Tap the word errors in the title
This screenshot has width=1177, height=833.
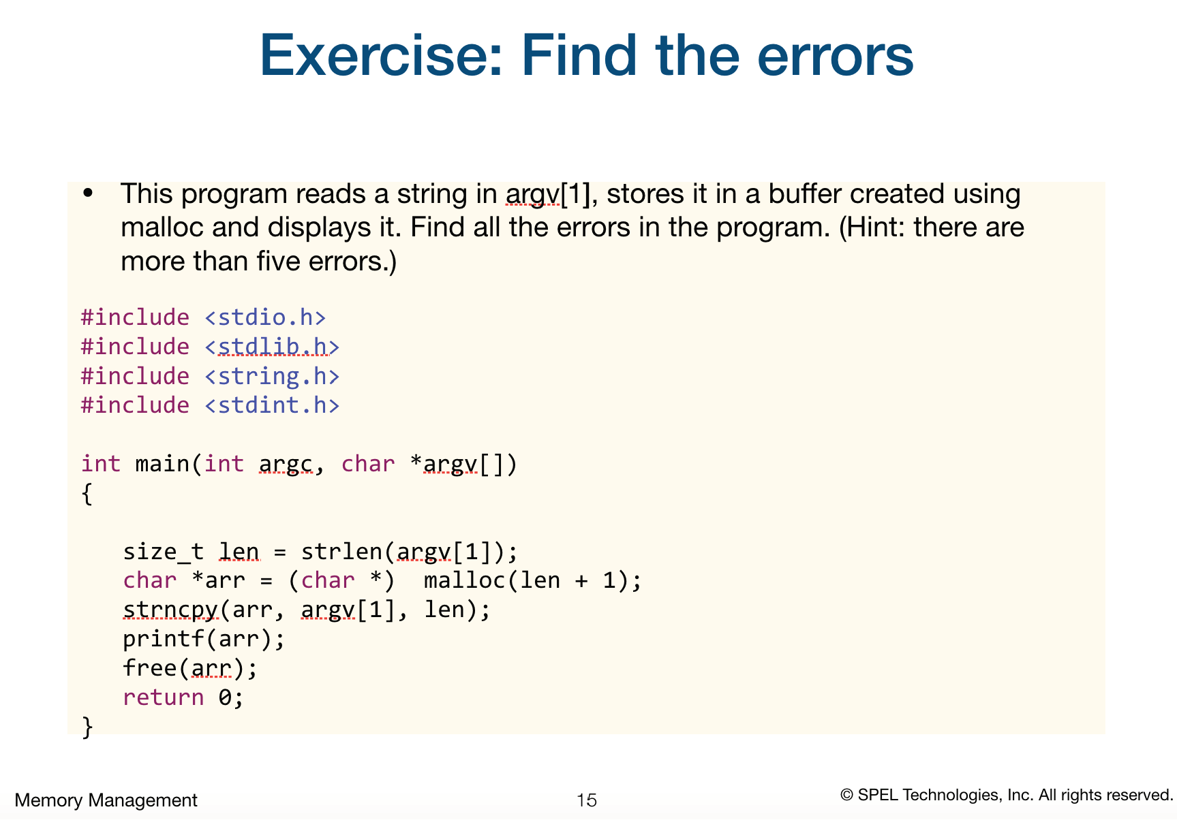click(835, 56)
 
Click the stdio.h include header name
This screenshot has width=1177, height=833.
click(265, 317)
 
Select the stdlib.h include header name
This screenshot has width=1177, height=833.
click(272, 347)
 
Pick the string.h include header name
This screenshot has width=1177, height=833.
click(272, 376)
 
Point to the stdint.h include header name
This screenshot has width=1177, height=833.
click(272, 405)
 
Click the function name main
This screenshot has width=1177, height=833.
click(162, 464)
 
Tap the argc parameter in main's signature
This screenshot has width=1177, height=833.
click(286, 464)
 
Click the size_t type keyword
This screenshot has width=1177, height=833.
click(163, 551)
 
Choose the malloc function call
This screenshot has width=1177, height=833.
click(464, 580)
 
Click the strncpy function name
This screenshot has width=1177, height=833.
click(170, 610)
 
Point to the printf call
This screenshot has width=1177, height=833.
click(164, 639)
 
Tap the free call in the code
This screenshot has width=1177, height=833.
click(150, 668)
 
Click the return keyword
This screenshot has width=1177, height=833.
click(164, 697)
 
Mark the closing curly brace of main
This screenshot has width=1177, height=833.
click(87, 727)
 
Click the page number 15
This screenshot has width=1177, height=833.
click(586, 800)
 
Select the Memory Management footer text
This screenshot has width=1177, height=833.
click(106, 800)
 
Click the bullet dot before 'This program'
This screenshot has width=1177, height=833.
click(87, 193)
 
